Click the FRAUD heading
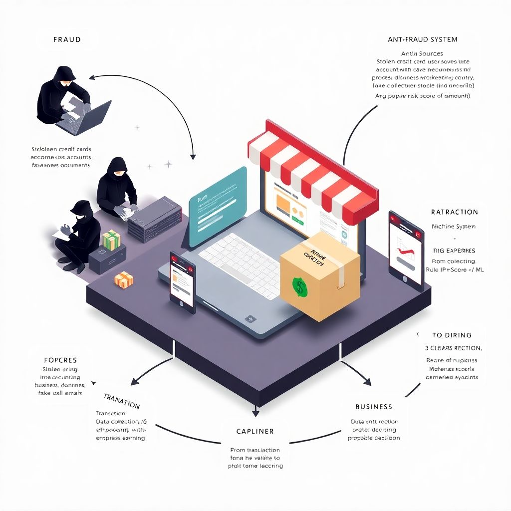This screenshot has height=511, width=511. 67,39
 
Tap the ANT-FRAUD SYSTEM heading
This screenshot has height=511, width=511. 422,39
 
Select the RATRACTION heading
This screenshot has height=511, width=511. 454,212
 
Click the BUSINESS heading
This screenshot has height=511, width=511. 374,407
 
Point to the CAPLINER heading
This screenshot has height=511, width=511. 255,431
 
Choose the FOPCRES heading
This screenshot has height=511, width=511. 60,360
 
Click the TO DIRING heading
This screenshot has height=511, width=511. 452,335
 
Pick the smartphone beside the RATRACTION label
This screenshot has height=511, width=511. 406,250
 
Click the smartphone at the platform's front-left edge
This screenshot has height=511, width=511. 182,282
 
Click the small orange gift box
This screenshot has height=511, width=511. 124,279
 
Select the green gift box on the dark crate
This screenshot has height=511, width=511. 111,240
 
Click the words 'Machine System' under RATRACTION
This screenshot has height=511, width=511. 453,227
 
